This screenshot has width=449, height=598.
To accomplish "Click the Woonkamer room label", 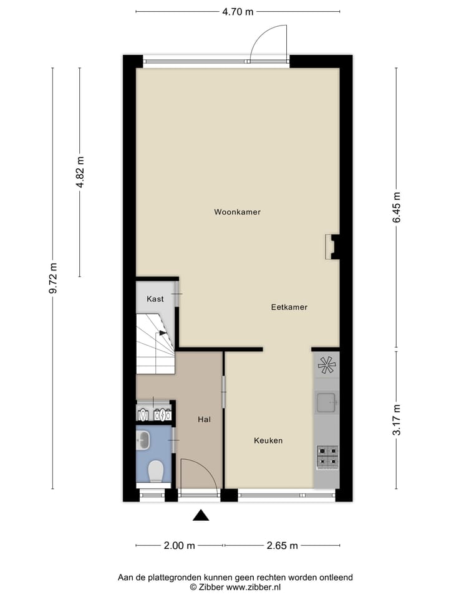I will click(x=237, y=212).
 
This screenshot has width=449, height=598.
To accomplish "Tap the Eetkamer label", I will click(x=289, y=307).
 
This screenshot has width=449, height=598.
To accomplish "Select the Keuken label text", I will click(x=268, y=440).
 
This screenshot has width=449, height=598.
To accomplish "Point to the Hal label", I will click(x=204, y=420).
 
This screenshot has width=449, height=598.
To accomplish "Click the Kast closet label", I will click(x=155, y=299).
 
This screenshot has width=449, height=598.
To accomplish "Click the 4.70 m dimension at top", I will click(x=238, y=11).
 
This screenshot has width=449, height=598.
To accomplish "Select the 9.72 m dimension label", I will click(x=52, y=278).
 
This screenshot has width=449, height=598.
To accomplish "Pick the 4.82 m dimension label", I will click(x=80, y=172).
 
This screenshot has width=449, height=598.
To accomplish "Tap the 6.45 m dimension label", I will click(x=397, y=207).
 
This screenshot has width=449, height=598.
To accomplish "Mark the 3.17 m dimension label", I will click(x=397, y=420).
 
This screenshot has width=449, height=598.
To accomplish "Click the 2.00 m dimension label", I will click(x=179, y=546).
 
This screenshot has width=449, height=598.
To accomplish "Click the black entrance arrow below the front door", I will click(x=200, y=515).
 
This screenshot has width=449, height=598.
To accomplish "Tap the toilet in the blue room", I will click(x=156, y=470).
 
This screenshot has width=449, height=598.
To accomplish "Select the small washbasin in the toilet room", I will click(x=143, y=440).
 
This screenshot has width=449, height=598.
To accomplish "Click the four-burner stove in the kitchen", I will click(x=327, y=457).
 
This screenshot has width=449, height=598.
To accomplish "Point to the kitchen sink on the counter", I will click(x=326, y=403).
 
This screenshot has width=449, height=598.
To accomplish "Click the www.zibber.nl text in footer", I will click(x=253, y=587).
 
